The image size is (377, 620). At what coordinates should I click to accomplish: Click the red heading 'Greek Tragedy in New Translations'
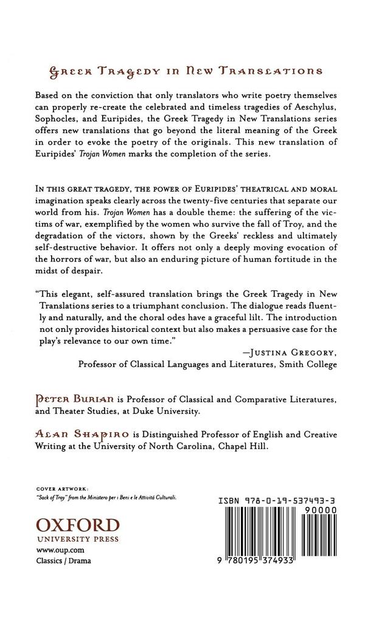(x=186, y=71)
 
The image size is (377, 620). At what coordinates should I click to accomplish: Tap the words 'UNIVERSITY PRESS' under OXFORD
(x=77, y=538)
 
